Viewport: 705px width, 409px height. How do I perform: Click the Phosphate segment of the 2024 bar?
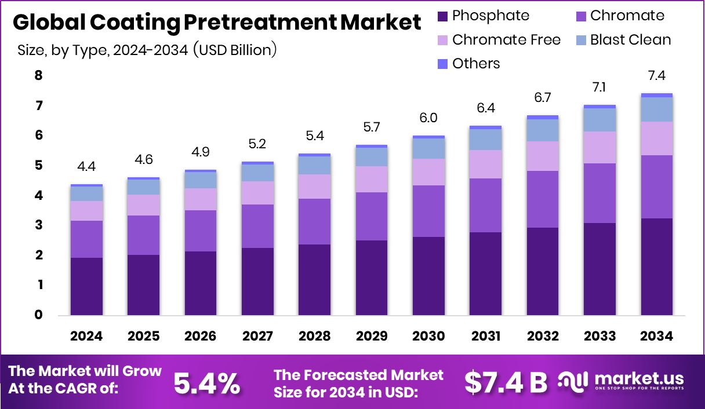tap(87, 286)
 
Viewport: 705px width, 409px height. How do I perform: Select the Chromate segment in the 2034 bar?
tap(657, 187)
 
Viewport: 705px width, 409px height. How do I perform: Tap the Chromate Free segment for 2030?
tap(428, 172)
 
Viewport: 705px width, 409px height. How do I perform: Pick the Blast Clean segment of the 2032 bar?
tap(543, 130)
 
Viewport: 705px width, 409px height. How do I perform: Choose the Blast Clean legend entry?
tap(630, 40)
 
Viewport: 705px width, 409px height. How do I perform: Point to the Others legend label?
tap(476, 64)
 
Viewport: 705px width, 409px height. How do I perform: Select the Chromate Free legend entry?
tap(506, 40)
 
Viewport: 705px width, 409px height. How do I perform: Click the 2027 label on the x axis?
tap(257, 337)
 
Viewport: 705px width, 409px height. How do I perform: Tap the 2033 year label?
tap(599, 337)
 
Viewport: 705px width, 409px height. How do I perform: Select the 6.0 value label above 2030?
tap(428, 118)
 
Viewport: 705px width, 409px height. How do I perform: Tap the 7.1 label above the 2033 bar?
tap(599, 87)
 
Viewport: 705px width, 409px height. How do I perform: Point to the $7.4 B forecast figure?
tap(506, 382)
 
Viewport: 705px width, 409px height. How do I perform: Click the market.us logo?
tap(620, 381)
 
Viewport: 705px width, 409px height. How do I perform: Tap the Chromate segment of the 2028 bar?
tap(314, 221)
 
